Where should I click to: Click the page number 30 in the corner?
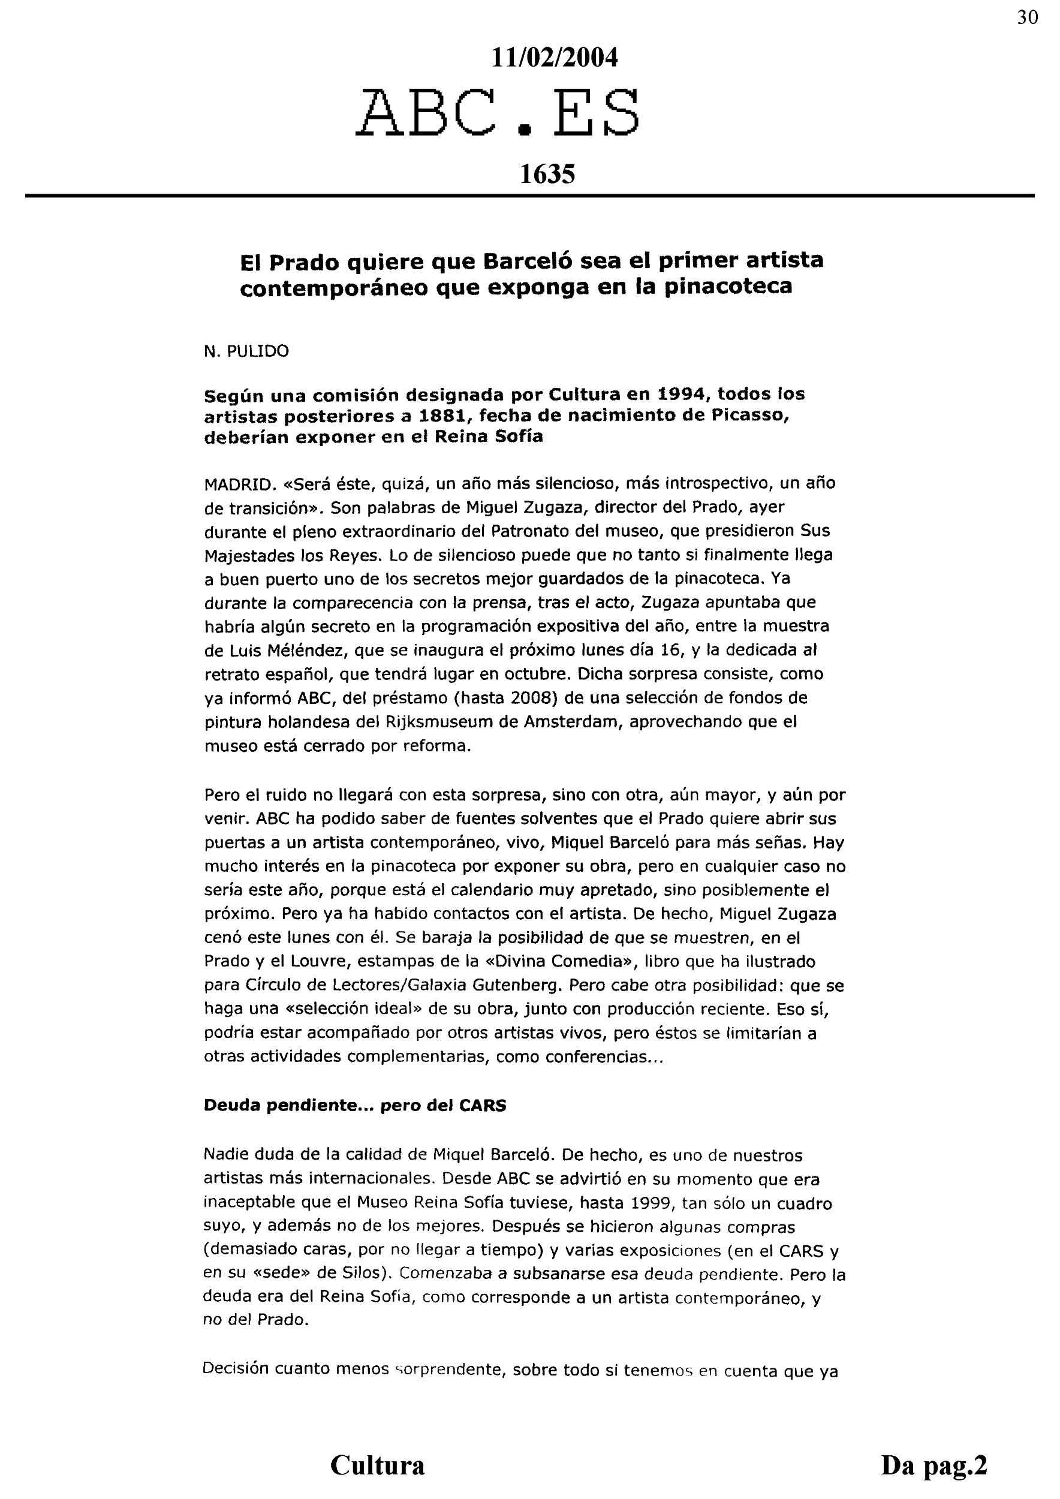1028,17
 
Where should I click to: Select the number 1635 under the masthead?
547,174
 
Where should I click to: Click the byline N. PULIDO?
246,352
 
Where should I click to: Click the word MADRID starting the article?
236,484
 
